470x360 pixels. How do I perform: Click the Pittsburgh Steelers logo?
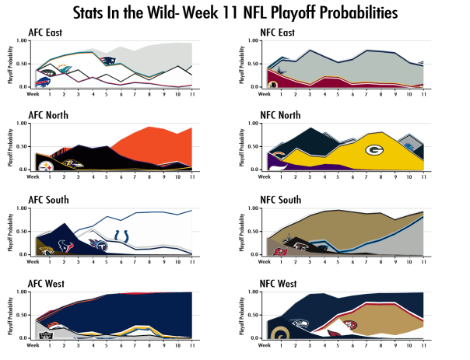point(44,164)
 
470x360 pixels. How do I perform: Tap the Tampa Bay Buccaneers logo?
point(276,250)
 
